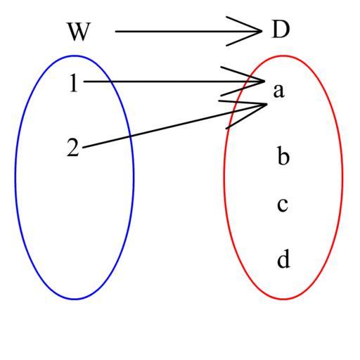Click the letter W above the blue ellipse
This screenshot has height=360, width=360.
click(x=79, y=32)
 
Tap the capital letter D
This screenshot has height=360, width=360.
click(x=281, y=30)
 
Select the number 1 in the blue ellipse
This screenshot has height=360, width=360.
click(x=74, y=83)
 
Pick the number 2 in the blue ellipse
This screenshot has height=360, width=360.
click(x=73, y=147)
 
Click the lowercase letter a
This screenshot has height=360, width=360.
click(x=279, y=91)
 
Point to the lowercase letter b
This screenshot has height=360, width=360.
click(x=283, y=155)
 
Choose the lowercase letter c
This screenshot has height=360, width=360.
click(x=283, y=205)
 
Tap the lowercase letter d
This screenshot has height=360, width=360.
click(x=283, y=259)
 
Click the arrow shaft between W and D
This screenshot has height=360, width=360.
click(x=188, y=31)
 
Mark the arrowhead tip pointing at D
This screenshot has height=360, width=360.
click(x=262, y=31)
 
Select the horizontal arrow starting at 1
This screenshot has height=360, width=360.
click(x=174, y=82)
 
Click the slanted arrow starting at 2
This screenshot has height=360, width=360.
click(x=174, y=126)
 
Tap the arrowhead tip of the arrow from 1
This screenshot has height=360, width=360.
click(x=264, y=82)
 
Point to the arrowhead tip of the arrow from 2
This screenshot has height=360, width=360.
click(x=267, y=104)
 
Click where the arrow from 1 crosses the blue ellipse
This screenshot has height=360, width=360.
click(x=110, y=82)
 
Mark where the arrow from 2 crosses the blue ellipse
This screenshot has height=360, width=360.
click(x=130, y=136)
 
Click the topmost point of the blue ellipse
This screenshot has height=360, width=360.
click(x=75, y=56)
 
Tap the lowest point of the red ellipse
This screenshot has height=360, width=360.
click(x=283, y=300)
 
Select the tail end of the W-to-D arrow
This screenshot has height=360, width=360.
click(x=115, y=31)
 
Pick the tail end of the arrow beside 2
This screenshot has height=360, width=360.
click(x=83, y=148)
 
